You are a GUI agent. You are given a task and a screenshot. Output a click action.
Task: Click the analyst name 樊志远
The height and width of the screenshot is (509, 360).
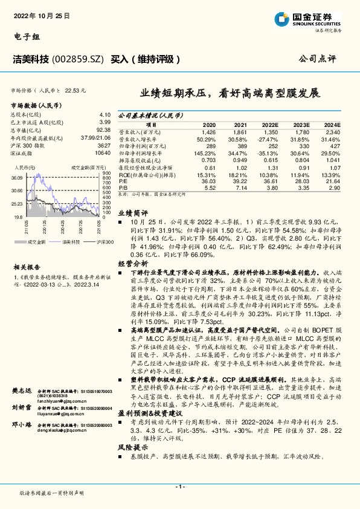22,392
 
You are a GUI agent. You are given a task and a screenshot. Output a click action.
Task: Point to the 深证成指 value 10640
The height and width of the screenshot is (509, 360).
102,153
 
